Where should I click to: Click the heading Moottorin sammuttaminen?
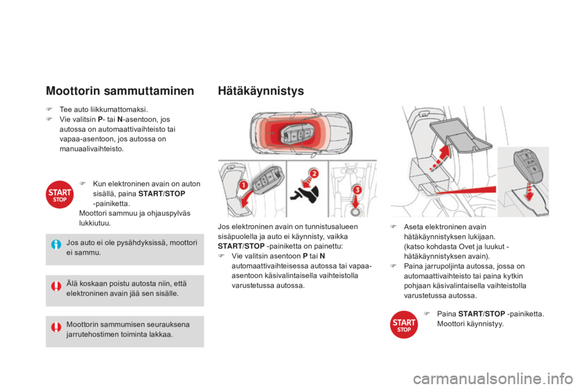coord(120,91)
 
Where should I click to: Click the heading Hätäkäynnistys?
coord(261,91)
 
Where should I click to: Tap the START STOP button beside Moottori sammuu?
coord(60,194)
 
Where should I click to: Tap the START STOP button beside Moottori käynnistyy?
coord(404,324)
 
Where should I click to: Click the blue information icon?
coord(56,244)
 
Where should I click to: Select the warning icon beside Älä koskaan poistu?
coord(56,286)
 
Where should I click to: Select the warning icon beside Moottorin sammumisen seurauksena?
coord(56,327)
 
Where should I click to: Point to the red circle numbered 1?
coord(243,185)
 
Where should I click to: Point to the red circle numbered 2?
coord(314,173)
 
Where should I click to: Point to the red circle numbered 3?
coord(356,190)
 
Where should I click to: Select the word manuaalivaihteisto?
coord(92,149)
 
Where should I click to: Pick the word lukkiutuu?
coord(95,223)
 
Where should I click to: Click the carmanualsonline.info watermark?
coord(493,379)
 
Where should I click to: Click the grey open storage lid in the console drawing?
coord(461,135)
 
